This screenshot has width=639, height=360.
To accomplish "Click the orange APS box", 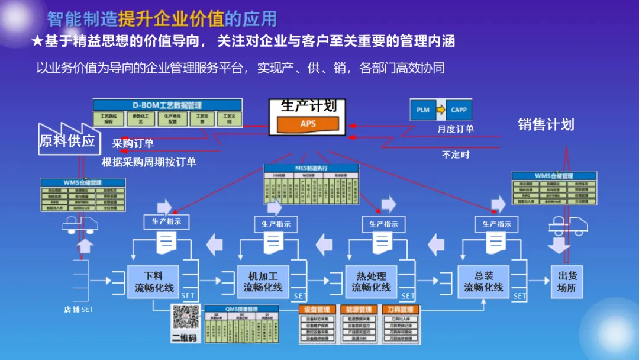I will (308, 124).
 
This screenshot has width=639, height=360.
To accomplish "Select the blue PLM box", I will (423, 110).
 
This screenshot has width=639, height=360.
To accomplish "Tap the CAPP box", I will (459, 110).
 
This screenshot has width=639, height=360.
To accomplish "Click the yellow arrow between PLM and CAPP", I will (441, 110).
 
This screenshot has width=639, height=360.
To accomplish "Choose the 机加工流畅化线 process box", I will (263, 281).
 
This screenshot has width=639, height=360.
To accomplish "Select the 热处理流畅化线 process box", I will (371, 281).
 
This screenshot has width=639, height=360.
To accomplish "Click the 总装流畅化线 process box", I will (483, 281).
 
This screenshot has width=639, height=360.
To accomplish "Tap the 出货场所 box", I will (566, 281).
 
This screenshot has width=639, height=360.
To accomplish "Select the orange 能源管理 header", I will (358, 309).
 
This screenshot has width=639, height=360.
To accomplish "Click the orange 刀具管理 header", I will (399, 309).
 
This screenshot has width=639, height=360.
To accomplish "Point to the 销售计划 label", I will (546, 125).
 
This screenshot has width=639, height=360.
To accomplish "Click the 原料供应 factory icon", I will (67, 139).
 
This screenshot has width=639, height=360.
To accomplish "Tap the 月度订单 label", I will (455, 129).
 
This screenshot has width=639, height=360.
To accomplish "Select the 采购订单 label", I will (133, 143).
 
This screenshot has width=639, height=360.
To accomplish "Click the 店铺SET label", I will (78, 309).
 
